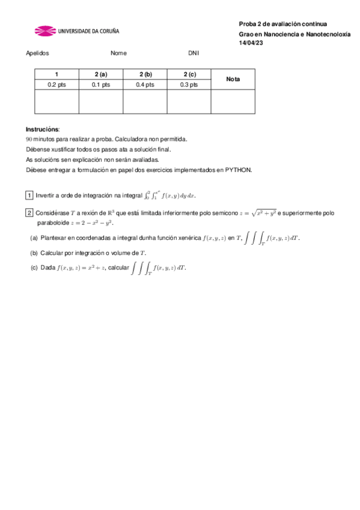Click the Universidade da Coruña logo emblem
point(44,30)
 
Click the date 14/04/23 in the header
point(251,43)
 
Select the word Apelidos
point(37,53)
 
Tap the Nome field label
point(118,53)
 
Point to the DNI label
point(193,53)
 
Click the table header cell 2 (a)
point(101,74)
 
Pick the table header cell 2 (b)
point(145,74)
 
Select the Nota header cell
point(233,79)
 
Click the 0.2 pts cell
point(56,85)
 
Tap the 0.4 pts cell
point(145,85)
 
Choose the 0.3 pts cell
point(189,85)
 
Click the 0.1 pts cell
point(101,85)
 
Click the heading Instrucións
point(42,129)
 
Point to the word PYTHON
point(239,170)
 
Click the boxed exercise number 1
point(29,195)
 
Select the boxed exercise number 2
point(29,213)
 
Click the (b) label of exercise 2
point(34,253)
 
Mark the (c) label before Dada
point(34,268)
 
